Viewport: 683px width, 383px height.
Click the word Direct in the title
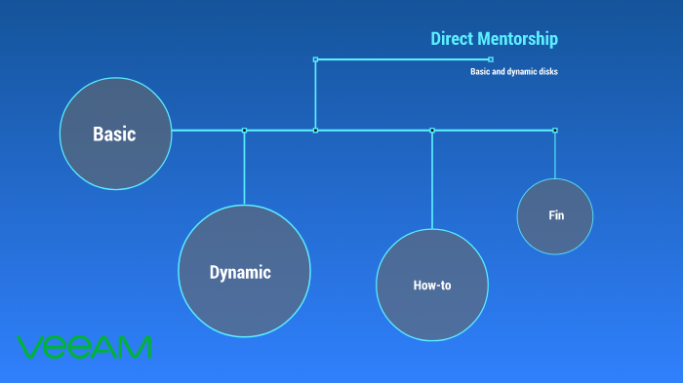coord(453,39)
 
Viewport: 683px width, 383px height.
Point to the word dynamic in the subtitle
coord(517,71)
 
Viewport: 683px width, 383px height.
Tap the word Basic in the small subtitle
coord(481,71)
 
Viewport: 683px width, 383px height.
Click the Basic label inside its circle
coord(115,134)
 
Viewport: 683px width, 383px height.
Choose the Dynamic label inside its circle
coord(240,273)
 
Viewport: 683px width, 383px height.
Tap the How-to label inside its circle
coord(432,287)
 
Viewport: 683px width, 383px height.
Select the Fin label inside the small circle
coord(556,215)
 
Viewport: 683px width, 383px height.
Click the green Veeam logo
coord(85,347)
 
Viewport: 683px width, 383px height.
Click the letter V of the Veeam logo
coord(28,347)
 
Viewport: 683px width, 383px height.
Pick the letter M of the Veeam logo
coord(137,347)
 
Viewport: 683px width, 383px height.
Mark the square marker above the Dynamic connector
coord(244,130)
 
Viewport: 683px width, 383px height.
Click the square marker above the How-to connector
coord(432,130)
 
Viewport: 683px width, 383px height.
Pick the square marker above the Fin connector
coord(555,130)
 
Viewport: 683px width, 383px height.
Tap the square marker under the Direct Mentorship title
coord(490,59)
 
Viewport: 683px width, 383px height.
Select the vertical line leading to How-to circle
coord(432,180)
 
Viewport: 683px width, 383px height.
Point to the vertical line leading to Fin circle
coord(555,156)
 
